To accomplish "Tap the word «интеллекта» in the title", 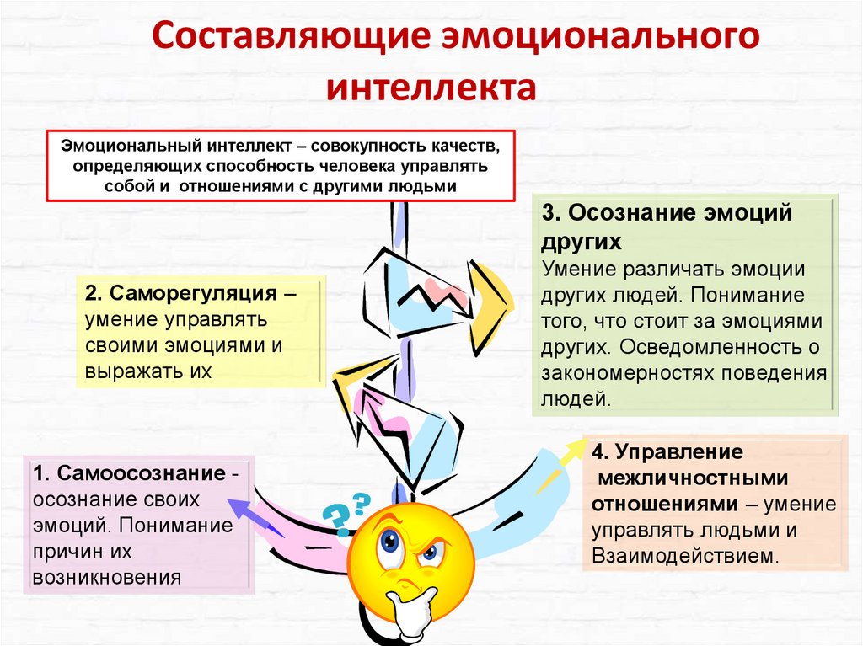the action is (431, 88).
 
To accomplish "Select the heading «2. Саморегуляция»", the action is (181, 295).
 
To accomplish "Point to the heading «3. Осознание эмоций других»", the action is (667, 227).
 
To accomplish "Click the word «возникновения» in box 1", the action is (107, 577).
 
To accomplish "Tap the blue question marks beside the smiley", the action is (345, 511).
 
